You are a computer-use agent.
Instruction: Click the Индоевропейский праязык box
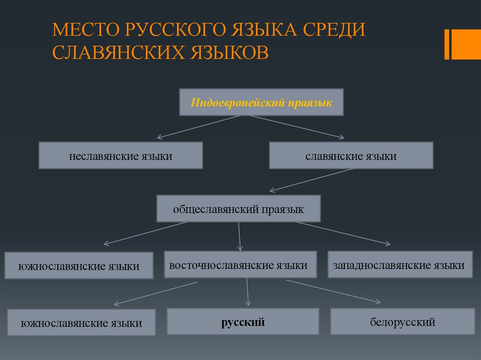261,102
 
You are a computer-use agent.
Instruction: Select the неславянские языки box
121,156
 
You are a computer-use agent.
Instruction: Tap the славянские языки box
351,156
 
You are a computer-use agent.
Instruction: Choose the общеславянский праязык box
238,209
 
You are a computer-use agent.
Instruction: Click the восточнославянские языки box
240,265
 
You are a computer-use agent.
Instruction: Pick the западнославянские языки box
399,265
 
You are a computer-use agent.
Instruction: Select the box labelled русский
243,322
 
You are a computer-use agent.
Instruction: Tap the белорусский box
403,322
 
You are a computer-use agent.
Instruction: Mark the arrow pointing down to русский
248,291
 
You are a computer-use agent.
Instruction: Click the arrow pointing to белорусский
334,291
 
